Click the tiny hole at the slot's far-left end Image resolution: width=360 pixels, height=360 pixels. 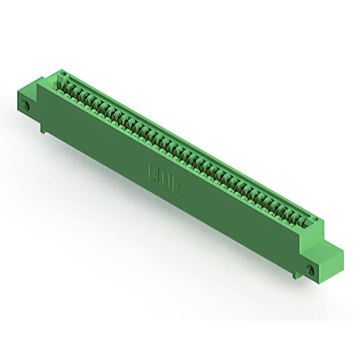(x=63, y=74)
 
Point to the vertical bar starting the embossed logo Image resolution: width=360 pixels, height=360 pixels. (x=150, y=170)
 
